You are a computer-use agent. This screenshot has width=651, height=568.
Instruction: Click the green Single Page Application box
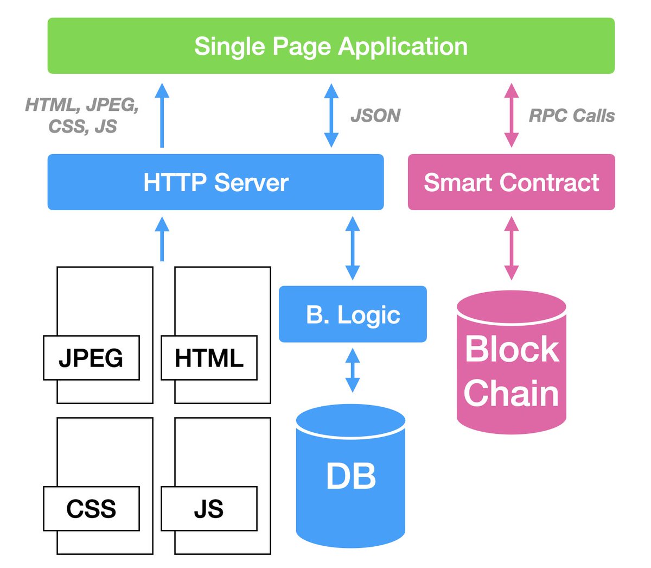click(331, 46)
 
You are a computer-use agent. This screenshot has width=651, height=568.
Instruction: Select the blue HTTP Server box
click(215, 182)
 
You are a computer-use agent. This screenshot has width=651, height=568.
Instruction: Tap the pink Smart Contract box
click(511, 182)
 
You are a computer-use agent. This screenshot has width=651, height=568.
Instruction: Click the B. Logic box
click(353, 314)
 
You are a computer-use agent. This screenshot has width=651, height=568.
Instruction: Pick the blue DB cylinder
click(351, 477)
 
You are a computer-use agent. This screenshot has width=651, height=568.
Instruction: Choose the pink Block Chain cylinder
click(511, 369)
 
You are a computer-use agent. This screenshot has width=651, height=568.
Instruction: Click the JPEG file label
click(91, 358)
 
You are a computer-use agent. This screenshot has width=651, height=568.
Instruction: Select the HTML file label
click(209, 358)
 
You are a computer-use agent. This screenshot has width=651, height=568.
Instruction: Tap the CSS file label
click(91, 509)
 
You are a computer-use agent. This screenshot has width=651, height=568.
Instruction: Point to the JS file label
click(209, 509)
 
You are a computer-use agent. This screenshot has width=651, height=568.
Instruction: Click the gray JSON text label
click(375, 116)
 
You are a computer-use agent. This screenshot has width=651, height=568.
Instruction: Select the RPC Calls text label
click(572, 116)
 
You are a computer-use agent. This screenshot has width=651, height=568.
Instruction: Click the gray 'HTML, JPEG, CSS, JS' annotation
click(82, 115)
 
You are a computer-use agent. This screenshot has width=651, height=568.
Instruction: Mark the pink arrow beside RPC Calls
click(511, 115)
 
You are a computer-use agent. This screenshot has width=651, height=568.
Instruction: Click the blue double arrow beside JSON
click(331, 115)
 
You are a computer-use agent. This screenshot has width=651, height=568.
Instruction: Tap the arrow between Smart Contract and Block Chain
click(511, 248)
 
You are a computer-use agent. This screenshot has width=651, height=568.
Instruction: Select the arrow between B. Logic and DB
click(353, 370)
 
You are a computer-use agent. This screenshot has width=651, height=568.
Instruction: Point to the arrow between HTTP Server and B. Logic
click(353, 248)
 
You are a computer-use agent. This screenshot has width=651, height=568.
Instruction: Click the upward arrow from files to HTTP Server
click(162, 239)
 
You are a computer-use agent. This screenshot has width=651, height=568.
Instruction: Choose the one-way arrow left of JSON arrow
click(162, 115)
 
